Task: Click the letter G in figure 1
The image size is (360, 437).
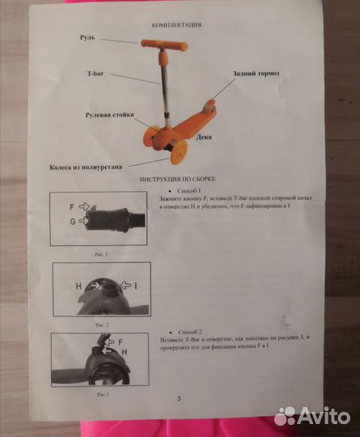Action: tap(72, 220)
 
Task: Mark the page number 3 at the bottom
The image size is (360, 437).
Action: tap(179, 401)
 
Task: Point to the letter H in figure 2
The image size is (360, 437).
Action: tap(79, 286)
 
